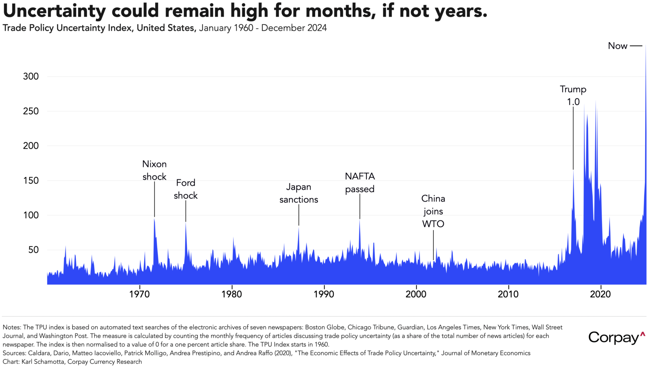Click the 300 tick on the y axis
[31, 77]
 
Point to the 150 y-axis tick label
[31, 181]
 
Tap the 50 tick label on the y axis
[33, 250]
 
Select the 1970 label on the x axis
[140, 294]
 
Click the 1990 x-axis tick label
[324, 294]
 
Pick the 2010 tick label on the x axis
[508, 294]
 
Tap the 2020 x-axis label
[601, 294]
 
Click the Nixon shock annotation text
[154, 170]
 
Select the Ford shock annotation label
[186, 189]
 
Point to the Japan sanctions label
[299, 193]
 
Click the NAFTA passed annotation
[360, 182]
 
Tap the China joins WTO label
[433, 211]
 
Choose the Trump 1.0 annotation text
[573, 95]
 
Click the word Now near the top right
[618, 46]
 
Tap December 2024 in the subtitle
[294, 28]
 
